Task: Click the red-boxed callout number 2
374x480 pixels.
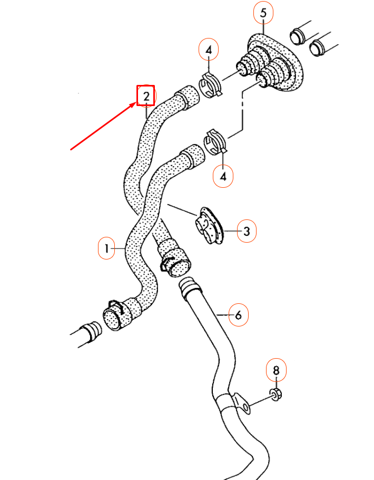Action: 145,96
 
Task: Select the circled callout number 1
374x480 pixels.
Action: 107,248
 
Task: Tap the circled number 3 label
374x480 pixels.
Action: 247,231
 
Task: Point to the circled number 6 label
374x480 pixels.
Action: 238,315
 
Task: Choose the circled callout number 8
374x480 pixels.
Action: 277,371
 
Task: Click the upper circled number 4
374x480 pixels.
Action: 209,51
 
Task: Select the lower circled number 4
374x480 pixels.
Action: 224,177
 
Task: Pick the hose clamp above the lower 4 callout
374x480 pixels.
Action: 215,141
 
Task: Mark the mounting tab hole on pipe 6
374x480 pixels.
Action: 244,407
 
